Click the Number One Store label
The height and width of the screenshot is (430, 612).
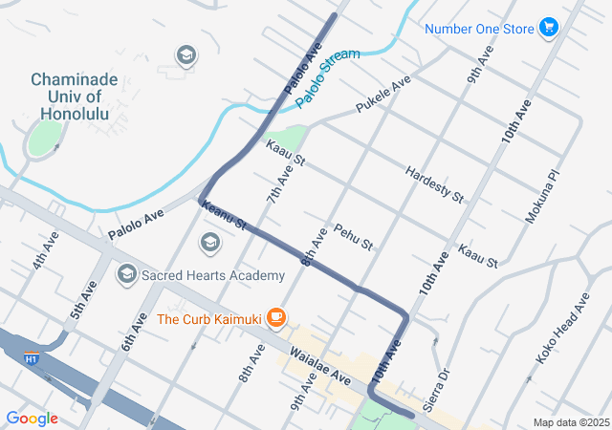coord(478,29)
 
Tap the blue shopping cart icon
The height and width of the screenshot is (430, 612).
coord(549,28)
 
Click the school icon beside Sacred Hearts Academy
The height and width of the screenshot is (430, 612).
coord(126,275)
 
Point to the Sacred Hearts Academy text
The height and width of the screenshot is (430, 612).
coord(212,275)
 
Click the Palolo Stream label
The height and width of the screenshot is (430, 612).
coord(328,77)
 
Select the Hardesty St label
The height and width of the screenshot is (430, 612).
coord(434,183)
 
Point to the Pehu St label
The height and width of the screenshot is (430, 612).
coord(352,237)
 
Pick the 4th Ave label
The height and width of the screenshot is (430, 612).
coord(46,249)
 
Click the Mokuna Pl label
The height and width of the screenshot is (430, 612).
coord(539,198)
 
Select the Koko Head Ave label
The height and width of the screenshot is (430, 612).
coord(563,328)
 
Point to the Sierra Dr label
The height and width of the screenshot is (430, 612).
coord(435,387)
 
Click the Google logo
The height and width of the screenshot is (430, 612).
coord(32,418)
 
